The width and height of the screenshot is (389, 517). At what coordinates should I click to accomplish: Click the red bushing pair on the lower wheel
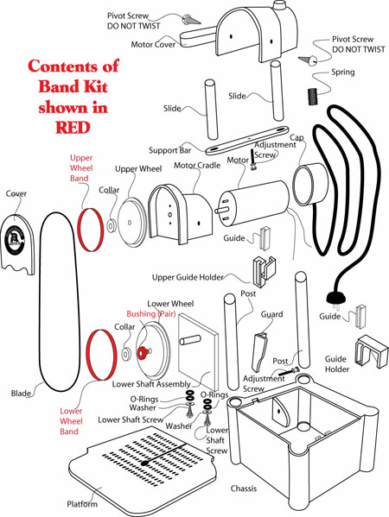point(143,353)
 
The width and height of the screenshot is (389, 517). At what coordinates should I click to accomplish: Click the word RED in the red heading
point(73,128)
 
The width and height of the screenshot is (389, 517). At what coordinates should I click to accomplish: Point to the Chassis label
point(244,489)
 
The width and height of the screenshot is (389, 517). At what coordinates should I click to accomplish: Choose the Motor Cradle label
point(197,165)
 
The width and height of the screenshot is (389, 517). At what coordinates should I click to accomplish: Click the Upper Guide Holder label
point(188,277)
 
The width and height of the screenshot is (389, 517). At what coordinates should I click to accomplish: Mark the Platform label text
point(82,504)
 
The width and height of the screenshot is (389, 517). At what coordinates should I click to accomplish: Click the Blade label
point(21,393)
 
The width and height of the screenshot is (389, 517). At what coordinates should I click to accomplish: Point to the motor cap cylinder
point(309,184)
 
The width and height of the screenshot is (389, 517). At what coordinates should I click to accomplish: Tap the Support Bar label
point(169,150)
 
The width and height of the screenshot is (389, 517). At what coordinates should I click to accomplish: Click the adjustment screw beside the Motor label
point(253,160)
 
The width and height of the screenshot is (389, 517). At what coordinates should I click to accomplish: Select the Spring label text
point(343,72)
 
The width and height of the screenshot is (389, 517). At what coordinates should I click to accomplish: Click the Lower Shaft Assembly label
point(151,384)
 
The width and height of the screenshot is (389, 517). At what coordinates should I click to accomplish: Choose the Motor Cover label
point(153,44)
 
